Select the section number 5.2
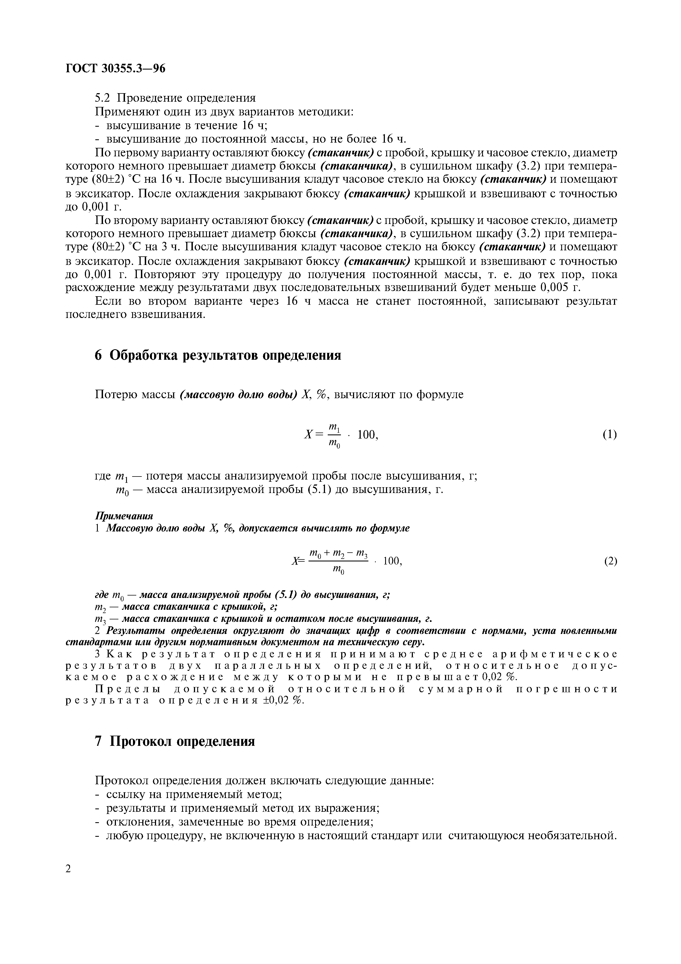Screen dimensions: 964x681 [x=102, y=98]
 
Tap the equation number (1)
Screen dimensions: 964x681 [x=610, y=434]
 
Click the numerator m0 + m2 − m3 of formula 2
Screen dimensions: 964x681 [x=338, y=555]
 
